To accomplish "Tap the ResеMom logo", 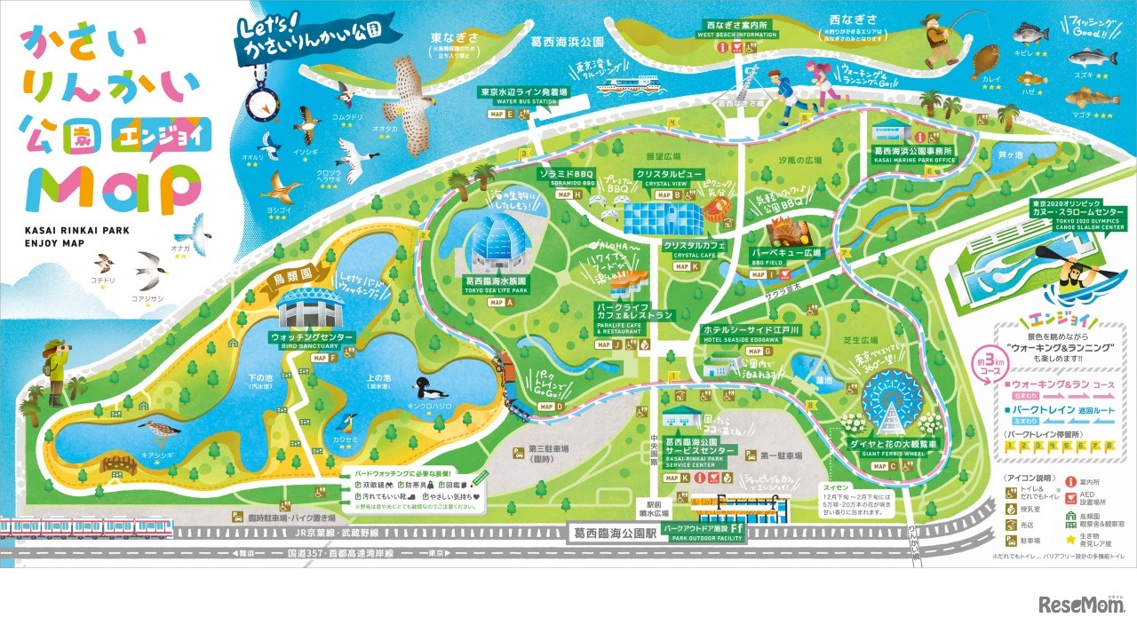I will [x=1081, y=605].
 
